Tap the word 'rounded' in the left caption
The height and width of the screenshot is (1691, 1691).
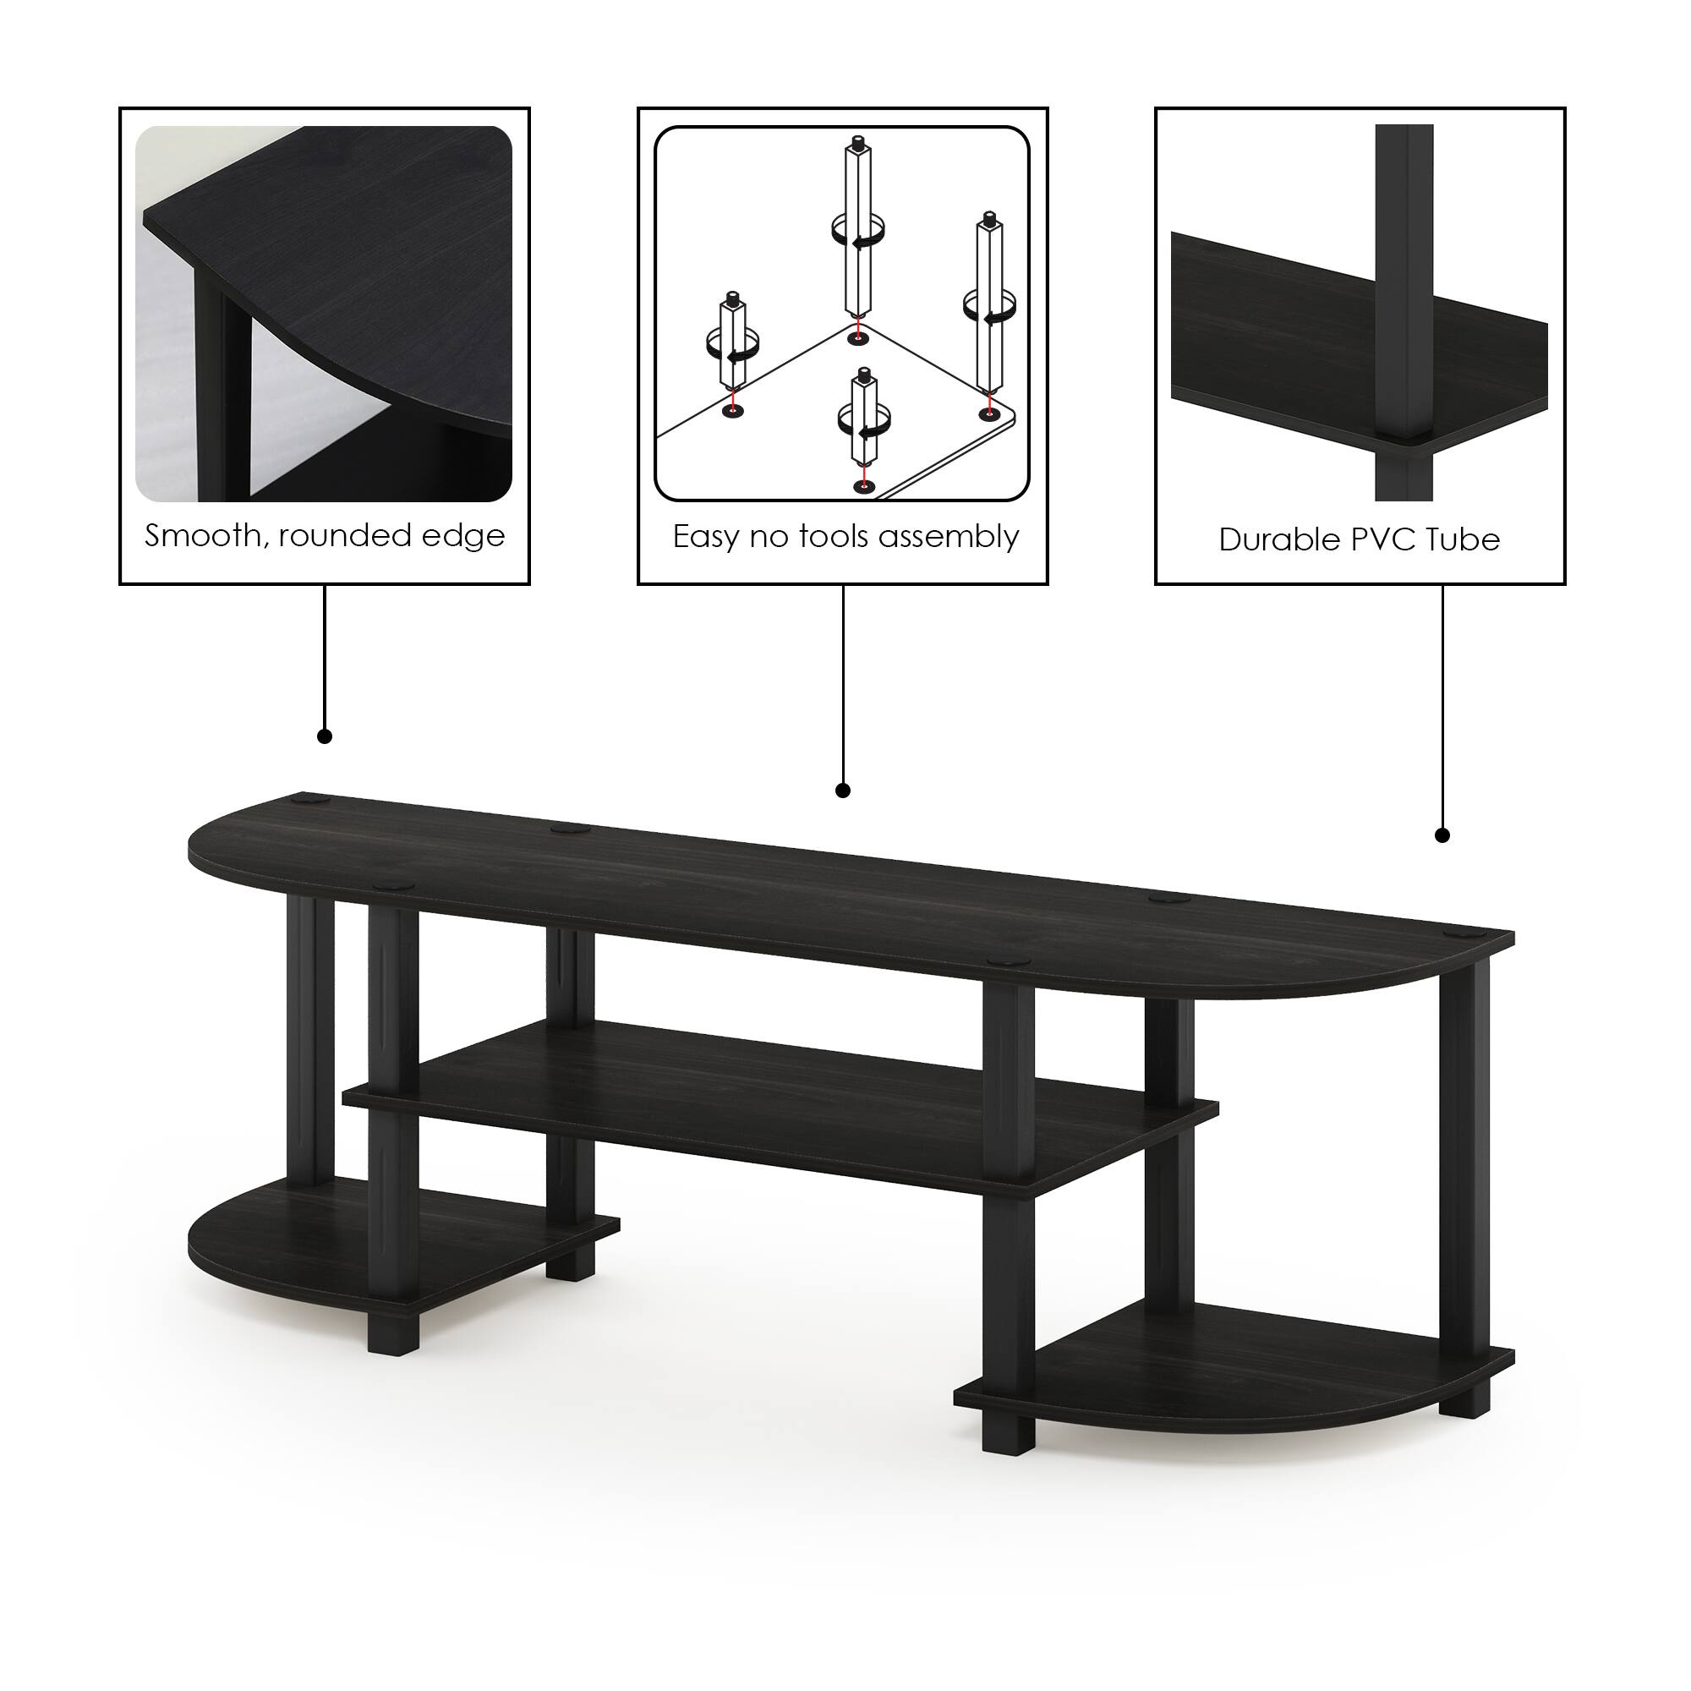[x=342, y=536]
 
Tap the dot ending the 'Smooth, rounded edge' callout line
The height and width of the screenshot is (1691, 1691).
[x=325, y=736]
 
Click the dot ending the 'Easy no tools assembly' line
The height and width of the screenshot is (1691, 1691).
[x=843, y=791]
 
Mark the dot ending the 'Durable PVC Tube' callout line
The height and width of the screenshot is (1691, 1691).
[x=1443, y=836]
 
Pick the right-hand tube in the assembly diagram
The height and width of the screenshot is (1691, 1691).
[x=989, y=306]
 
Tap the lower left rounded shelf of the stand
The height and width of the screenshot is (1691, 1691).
[x=289, y=1243]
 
